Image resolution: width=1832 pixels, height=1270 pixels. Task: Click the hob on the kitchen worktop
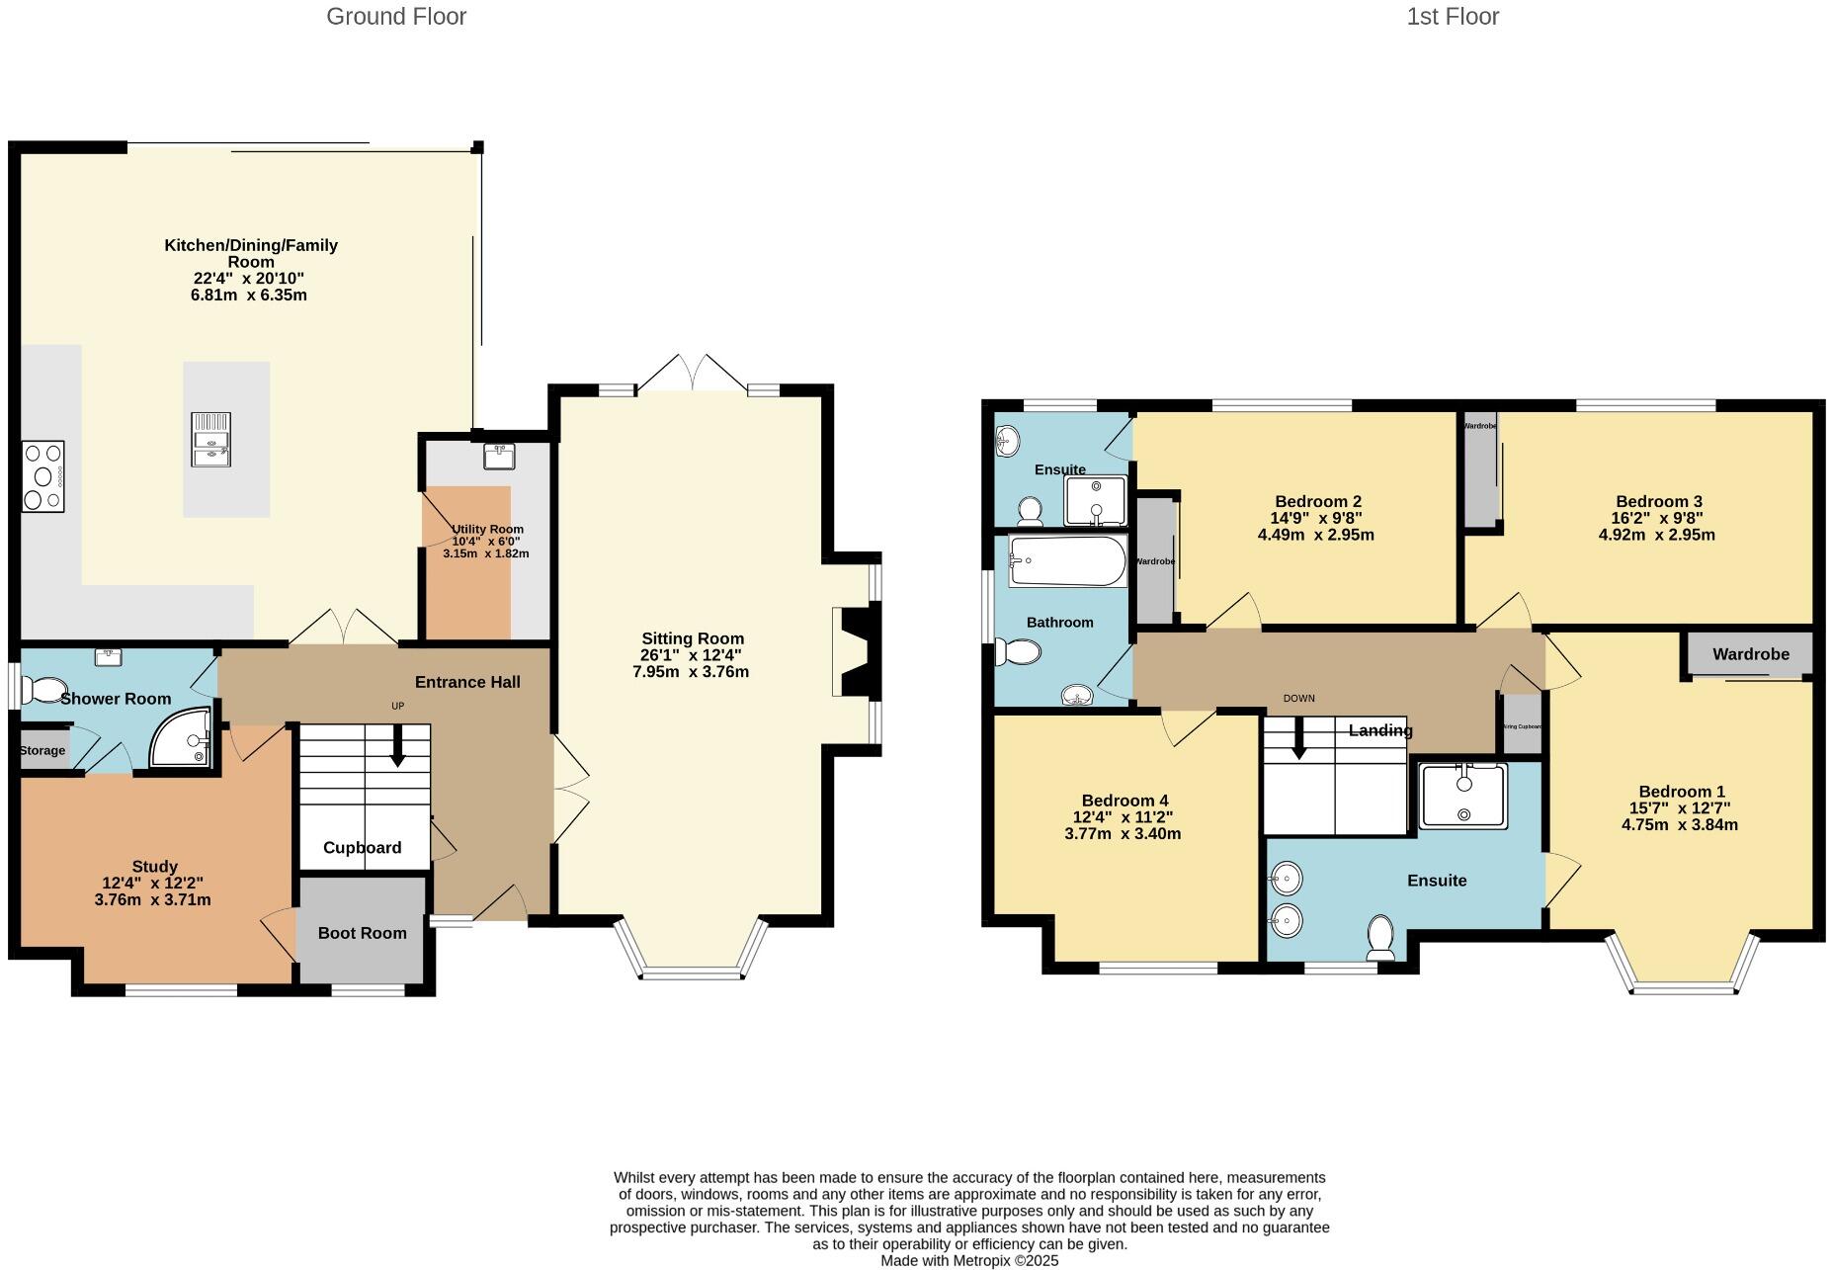[x=42, y=476]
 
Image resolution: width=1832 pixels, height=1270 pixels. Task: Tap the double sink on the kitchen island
[x=211, y=439]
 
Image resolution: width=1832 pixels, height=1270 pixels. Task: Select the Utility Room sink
[x=499, y=456]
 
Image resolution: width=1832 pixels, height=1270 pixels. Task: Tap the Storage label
[x=42, y=751]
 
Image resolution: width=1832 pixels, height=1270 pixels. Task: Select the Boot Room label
[x=362, y=933]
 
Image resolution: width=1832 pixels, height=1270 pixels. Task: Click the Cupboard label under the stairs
[x=362, y=848]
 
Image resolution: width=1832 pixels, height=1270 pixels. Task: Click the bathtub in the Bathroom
[x=1067, y=561]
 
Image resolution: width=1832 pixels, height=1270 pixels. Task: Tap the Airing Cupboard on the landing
[x=1522, y=725]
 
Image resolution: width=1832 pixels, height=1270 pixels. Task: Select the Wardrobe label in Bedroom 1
[x=1750, y=654]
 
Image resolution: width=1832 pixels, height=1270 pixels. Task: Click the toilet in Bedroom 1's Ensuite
[x=1380, y=937]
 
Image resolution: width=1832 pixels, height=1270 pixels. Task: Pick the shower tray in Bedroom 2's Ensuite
[x=1095, y=501]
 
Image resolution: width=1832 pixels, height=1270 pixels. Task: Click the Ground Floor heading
[x=396, y=17]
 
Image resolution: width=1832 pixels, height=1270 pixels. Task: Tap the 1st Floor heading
[x=1452, y=17]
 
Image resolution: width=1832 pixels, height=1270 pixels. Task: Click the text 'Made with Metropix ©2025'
[x=968, y=1261]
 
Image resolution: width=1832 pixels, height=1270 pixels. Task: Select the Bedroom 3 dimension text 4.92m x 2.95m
[x=1656, y=535]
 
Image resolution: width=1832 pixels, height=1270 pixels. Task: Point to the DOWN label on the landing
[x=1298, y=698]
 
